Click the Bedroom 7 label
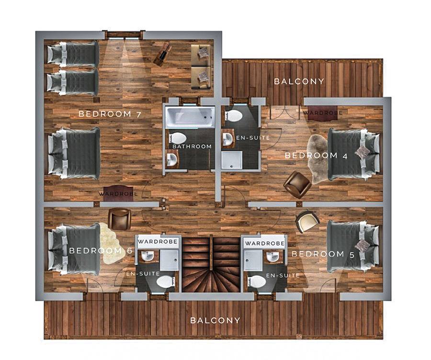point(110,114)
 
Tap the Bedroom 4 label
point(316,156)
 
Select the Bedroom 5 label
point(323,254)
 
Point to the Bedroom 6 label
point(101,251)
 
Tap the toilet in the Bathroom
point(177,138)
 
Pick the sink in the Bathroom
point(172,160)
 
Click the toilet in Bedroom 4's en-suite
point(233,116)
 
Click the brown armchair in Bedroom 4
point(297,184)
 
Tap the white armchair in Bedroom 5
point(307,221)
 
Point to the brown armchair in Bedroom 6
point(119,219)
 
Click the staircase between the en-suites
point(211,264)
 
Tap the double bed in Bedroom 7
point(74,153)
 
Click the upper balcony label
point(299,81)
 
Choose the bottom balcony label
point(215,320)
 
